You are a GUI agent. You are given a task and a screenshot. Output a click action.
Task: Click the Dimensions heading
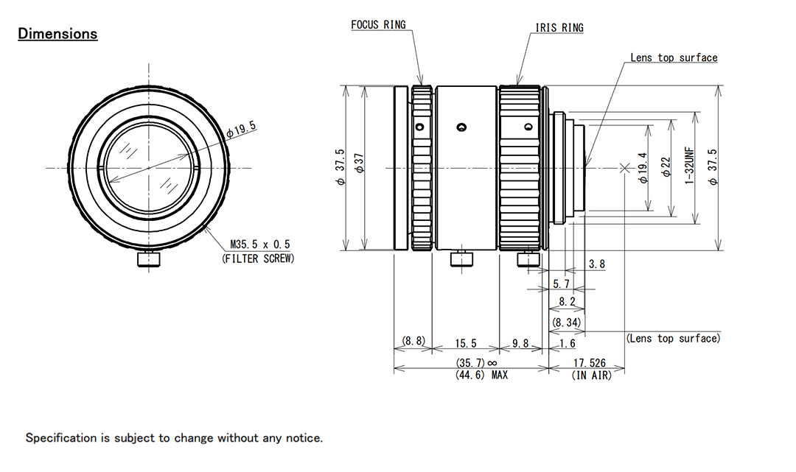pyautogui.click(x=57, y=34)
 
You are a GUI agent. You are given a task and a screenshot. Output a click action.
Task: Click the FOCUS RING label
pyautogui.click(x=378, y=25)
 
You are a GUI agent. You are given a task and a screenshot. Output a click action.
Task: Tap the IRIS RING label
pyautogui.click(x=559, y=28)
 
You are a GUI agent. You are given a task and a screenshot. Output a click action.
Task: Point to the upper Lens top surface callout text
pyautogui.click(x=674, y=57)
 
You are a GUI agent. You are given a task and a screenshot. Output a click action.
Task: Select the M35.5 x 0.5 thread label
pyautogui.click(x=260, y=244)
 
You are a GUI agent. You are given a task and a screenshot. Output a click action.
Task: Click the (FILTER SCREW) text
pyautogui.click(x=258, y=258)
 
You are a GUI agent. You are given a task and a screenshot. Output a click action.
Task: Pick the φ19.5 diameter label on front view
pyautogui.click(x=241, y=130)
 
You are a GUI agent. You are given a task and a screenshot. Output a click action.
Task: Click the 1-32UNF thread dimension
pyautogui.click(x=690, y=167)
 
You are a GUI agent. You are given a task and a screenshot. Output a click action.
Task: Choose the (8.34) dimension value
pyautogui.click(x=567, y=322)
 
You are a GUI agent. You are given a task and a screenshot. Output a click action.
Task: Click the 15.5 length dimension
pyautogui.click(x=467, y=343)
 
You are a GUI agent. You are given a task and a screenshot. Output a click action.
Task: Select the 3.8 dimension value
pyautogui.click(x=598, y=264)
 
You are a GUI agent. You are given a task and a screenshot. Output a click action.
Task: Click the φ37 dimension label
pyautogui.click(x=360, y=168)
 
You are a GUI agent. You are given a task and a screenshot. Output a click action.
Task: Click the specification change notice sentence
pyautogui.click(x=174, y=438)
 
